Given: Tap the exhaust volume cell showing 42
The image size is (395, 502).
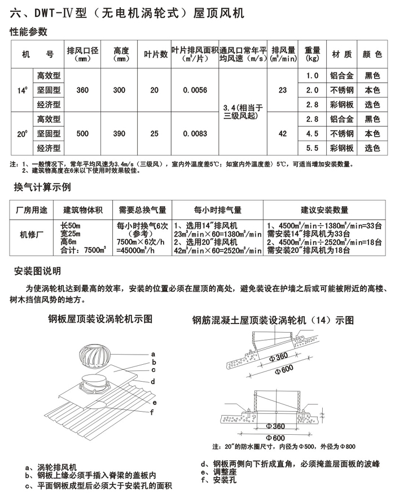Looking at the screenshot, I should pyautogui.click(x=282, y=134).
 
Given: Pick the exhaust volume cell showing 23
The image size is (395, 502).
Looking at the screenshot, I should pyautogui.click(x=282, y=90).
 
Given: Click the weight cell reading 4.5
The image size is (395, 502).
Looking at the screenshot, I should pyautogui.click(x=312, y=134).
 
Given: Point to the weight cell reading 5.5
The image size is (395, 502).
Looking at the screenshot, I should pyautogui.click(x=312, y=149).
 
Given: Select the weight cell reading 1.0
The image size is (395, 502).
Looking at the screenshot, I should pyautogui.click(x=312, y=75).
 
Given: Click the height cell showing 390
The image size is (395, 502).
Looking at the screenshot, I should pyautogui.click(x=120, y=134).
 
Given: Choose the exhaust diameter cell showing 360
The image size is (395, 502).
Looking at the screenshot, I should pyautogui.click(x=82, y=90).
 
